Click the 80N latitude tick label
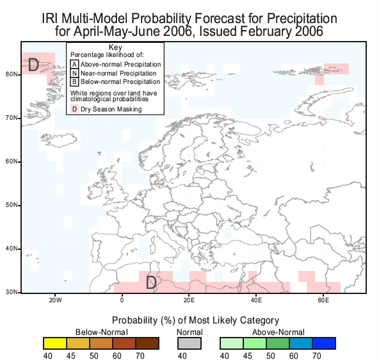click(12, 74)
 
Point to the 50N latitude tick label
click(12, 205)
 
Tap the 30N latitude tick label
click(12, 292)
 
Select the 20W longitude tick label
click(55, 300)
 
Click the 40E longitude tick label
click(256, 300)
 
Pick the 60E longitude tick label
click(323, 300)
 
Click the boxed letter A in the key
click(74, 64)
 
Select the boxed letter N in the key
click(74, 73)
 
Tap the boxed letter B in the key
click(74, 82)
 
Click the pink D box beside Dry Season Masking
click(74, 109)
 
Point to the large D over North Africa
click(151, 282)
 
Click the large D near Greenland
click(33, 65)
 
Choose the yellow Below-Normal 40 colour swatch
click(55, 343)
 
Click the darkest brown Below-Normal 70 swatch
click(147, 343)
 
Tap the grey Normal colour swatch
click(189, 343)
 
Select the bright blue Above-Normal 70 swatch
click(324, 343)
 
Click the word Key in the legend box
click(115, 47)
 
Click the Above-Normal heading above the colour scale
click(278, 332)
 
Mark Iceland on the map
click(59, 140)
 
